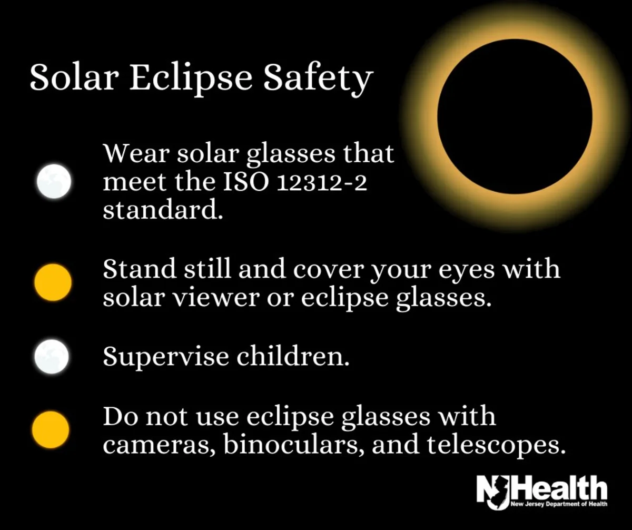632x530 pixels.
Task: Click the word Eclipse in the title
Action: click(191, 78)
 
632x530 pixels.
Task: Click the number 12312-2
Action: click(322, 183)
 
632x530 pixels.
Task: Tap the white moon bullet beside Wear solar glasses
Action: click(54, 181)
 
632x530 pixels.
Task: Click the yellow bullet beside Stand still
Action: click(53, 282)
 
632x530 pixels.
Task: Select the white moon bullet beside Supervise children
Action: click(52, 357)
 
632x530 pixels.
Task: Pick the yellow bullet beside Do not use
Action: click(51, 430)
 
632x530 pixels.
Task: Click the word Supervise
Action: click(166, 357)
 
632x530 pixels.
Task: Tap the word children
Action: click(293, 356)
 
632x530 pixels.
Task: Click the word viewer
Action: click(216, 298)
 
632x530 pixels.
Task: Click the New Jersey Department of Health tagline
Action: click(559, 504)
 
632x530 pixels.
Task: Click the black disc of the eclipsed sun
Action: click(515, 116)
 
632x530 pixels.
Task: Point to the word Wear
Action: click(136, 153)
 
